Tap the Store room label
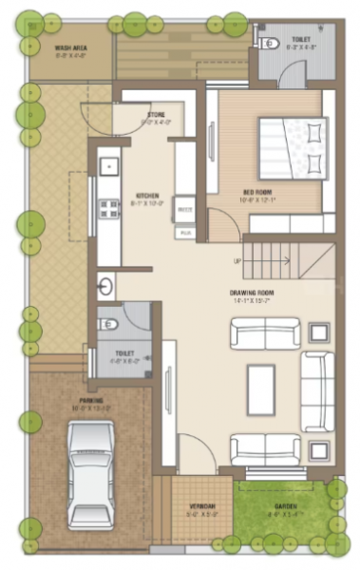[155, 119]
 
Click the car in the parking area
[91, 474]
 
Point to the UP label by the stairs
[236, 261]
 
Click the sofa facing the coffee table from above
[266, 334]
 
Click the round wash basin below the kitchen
[104, 284]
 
